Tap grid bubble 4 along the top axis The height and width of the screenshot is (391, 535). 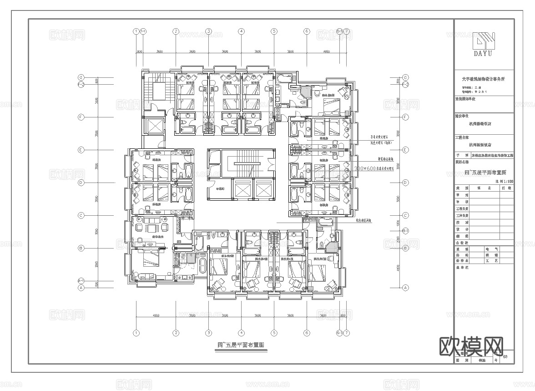241,31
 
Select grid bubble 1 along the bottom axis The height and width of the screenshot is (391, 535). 136,333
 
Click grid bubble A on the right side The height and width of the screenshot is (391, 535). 405,288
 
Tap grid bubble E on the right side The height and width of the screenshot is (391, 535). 405,150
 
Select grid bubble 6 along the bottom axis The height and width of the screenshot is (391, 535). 307,333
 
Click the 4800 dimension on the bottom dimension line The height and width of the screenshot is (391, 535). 156,315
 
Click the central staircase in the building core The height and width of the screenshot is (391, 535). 246,162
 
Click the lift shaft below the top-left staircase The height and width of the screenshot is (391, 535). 152,126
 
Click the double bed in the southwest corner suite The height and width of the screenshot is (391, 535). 150,259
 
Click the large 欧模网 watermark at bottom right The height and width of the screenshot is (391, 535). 470,347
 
